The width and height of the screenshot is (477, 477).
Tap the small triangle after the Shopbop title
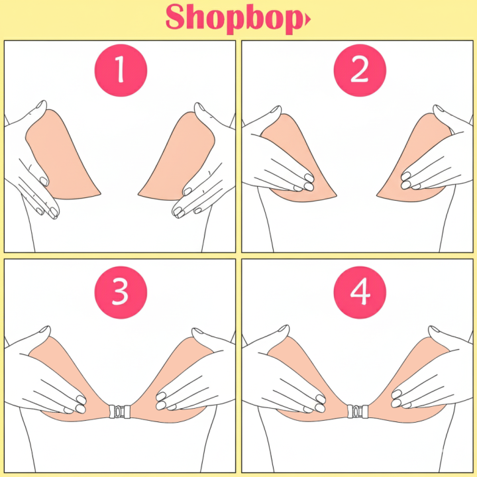click(307, 21)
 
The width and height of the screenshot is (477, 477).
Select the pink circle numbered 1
click(120, 71)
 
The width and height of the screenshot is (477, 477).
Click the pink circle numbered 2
click(359, 71)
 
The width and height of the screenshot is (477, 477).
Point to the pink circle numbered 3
click(120, 291)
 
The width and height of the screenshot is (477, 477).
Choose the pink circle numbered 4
click(359, 291)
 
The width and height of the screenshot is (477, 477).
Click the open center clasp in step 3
click(120, 411)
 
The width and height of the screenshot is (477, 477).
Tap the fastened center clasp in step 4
click(359, 411)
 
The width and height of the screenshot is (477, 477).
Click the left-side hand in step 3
click(50, 371)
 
